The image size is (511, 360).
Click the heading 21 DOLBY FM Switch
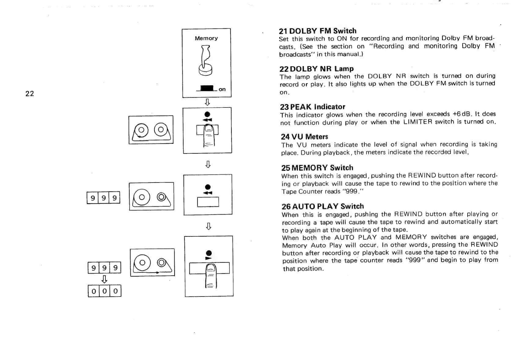[318, 31]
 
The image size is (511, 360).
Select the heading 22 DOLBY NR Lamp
[317, 69]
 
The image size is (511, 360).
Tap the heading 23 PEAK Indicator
[312, 107]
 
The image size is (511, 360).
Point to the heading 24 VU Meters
[304, 136]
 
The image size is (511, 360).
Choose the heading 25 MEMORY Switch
[317, 168]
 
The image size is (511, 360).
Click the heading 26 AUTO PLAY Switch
[322, 206]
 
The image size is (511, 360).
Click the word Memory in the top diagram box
[206, 38]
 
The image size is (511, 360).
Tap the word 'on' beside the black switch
[222, 89]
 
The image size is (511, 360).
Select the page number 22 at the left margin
[30, 94]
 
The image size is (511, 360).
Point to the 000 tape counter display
[105, 291]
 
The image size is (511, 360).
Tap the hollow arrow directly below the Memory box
[207, 102]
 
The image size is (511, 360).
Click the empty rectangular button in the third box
[208, 202]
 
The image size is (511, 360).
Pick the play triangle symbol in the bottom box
[208, 258]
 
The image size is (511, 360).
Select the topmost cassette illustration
[151, 130]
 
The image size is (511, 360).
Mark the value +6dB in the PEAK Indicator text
[461, 114]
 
